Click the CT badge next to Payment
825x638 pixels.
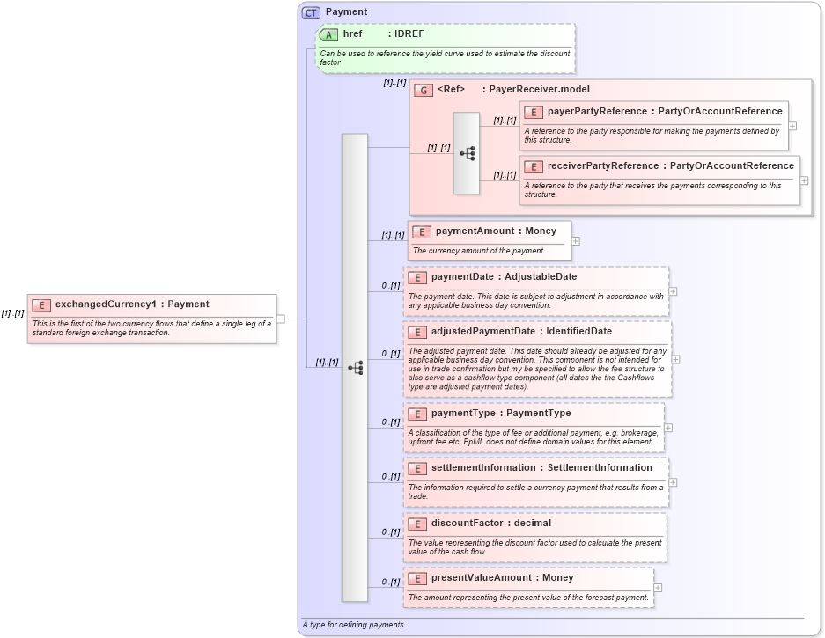(311, 12)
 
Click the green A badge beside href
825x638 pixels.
(329, 34)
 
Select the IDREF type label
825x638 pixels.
(410, 34)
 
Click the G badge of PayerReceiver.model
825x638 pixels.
(424, 90)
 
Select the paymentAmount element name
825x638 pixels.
(475, 231)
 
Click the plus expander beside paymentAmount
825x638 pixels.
(576, 240)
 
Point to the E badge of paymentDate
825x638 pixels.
(417, 277)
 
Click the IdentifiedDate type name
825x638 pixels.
(578, 332)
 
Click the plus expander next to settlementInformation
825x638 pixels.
(673, 482)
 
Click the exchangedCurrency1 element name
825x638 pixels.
(106, 304)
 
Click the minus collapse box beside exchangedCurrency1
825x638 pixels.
(281, 319)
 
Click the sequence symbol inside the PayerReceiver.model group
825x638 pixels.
(467, 153)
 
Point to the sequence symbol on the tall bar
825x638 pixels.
(356, 368)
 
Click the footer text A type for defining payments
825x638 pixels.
(352, 625)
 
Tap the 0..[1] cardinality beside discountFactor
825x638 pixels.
(391, 532)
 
